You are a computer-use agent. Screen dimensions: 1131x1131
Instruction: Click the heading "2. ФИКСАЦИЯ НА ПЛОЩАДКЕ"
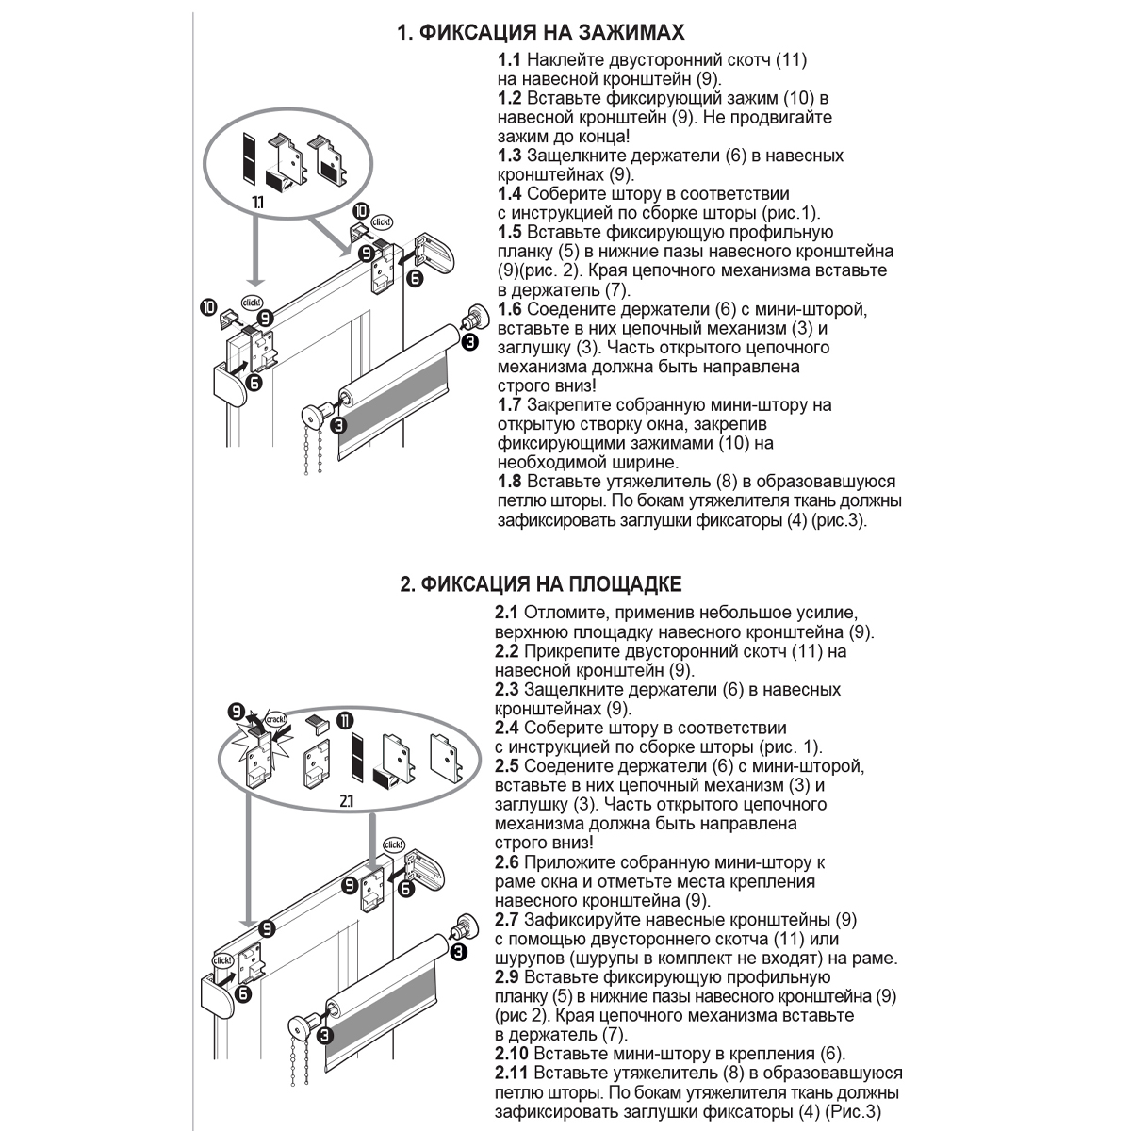(x=540, y=584)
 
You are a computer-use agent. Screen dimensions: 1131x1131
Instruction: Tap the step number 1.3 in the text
(x=510, y=156)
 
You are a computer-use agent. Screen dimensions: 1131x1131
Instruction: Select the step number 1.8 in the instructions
(x=510, y=482)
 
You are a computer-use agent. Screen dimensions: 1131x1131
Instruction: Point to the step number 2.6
(x=507, y=862)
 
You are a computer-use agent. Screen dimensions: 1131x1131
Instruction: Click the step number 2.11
(x=512, y=1074)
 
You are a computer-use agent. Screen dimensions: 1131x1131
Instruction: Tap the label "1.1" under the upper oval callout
(x=258, y=203)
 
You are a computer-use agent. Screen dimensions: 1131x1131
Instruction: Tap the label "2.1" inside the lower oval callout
(x=346, y=801)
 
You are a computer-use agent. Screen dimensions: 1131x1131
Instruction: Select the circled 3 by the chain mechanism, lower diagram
(x=325, y=1038)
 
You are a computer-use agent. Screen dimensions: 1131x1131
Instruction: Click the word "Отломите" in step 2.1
(x=562, y=613)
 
